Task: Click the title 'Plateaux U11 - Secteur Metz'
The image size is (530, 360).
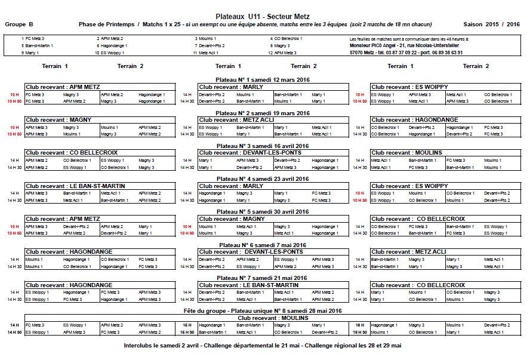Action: [x=263, y=16]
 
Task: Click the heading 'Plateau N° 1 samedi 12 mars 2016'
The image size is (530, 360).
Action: [x=263, y=79]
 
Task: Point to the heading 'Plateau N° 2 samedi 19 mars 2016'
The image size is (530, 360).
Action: [x=263, y=113]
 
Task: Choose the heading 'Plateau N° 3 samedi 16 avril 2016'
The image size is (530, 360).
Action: [x=263, y=146]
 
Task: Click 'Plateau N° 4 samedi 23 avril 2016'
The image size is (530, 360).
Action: [x=263, y=179]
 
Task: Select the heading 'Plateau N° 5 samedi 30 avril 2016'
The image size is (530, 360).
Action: [x=263, y=211]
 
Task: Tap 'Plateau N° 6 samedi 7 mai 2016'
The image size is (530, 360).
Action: [x=263, y=245]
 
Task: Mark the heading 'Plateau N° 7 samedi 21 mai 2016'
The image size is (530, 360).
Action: [x=263, y=278]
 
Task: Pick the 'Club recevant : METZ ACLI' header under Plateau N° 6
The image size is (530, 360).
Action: [x=408, y=252]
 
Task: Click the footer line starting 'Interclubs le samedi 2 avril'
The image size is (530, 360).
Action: [x=263, y=345]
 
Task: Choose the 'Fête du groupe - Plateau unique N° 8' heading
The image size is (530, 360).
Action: [x=263, y=311]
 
